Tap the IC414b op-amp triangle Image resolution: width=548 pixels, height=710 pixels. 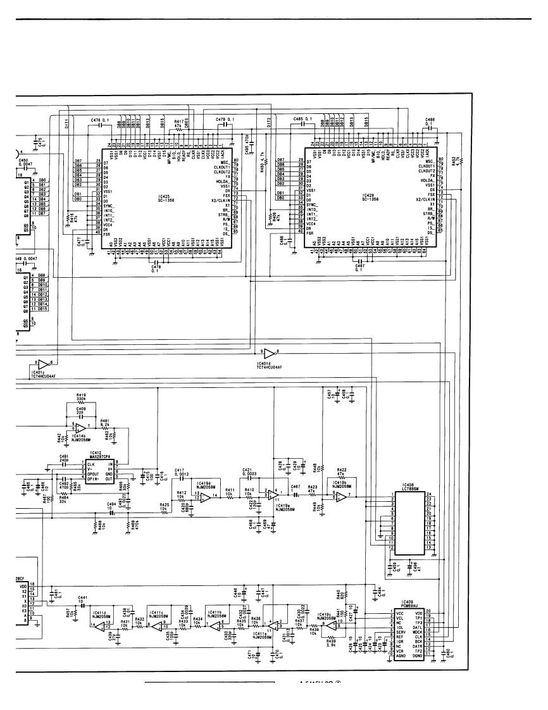tap(80, 428)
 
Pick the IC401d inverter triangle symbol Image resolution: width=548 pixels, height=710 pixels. tap(270, 353)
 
